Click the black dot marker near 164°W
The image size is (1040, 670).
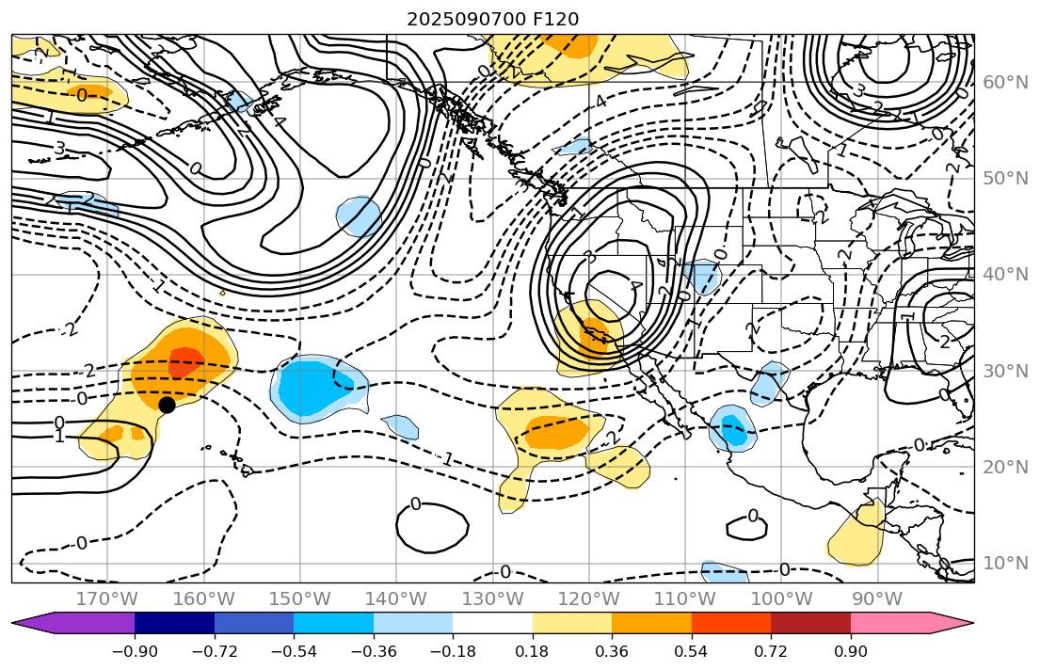tap(167, 405)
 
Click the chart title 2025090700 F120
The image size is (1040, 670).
tap(492, 19)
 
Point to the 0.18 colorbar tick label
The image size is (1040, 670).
tap(533, 653)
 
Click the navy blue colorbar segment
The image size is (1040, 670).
tap(174, 623)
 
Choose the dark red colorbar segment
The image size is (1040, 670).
tap(810, 623)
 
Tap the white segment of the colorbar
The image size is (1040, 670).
tap(492, 623)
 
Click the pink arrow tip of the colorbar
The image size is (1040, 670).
tap(955, 623)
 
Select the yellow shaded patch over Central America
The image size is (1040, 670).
tap(856, 536)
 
